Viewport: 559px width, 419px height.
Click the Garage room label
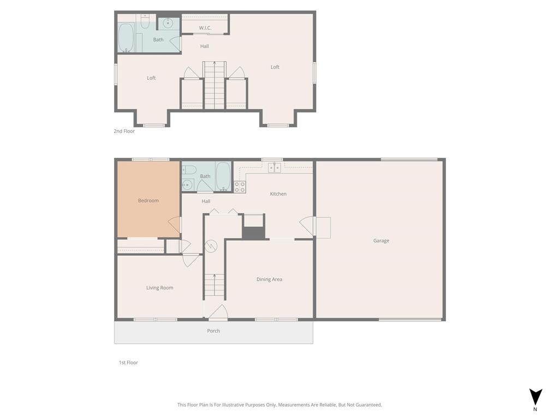tap(381, 241)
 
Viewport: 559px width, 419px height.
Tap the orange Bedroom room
tap(148, 200)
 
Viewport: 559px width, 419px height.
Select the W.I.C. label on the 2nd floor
tap(205, 28)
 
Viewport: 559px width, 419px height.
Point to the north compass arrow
tap(536, 397)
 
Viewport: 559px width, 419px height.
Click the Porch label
tap(213, 331)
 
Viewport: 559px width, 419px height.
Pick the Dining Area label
tap(269, 279)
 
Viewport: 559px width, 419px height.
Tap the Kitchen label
tap(278, 194)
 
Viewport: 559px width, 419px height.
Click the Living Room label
tap(159, 288)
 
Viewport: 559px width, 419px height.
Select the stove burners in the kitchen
tap(240, 187)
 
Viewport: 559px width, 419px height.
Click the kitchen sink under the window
tap(273, 167)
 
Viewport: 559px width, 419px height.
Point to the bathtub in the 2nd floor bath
tap(126, 37)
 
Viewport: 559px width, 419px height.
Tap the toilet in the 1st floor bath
tap(188, 169)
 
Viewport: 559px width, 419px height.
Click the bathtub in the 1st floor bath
tap(223, 176)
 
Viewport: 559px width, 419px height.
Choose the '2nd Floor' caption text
tap(124, 131)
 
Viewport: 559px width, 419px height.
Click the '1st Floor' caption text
tap(128, 362)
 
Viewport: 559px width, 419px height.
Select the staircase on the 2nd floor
tap(214, 85)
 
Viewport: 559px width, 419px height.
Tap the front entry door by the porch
tap(218, 313)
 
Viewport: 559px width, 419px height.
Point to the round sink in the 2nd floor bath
tap(168, 23)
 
